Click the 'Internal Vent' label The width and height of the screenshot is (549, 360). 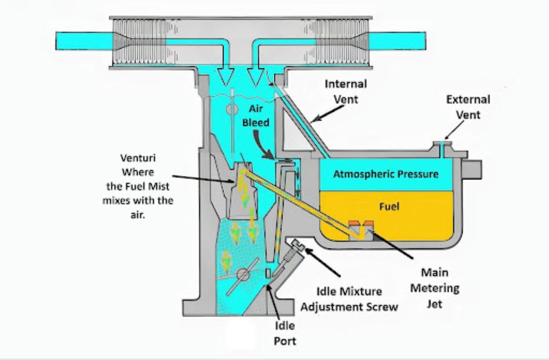coord(346,91)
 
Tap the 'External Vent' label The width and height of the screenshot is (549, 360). coord(468,107)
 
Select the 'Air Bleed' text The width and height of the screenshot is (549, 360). coord(256,116)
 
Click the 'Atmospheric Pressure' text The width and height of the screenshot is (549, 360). coord(386,174)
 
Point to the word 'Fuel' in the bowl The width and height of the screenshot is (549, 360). coord(389,206)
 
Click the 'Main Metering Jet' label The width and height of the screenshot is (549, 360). coord(434,288)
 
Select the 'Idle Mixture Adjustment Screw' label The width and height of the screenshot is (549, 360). coord(349,299)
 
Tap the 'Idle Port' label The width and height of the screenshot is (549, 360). coord(285,333)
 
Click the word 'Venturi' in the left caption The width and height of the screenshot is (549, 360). coord(138,158)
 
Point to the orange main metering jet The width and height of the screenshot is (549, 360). coord(361,223)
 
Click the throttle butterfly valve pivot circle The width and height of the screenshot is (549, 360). coord(242,274)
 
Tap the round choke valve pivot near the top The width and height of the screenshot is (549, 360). coord(232,109)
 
